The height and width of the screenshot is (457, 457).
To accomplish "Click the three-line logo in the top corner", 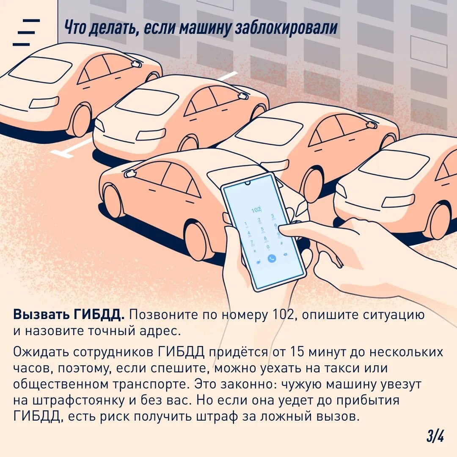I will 26,32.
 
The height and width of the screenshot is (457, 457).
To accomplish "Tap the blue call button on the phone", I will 272,258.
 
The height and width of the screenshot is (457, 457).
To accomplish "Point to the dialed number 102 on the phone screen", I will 256,209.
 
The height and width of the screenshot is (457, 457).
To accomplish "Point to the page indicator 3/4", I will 435,436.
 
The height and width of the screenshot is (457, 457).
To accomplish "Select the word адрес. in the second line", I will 156,331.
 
